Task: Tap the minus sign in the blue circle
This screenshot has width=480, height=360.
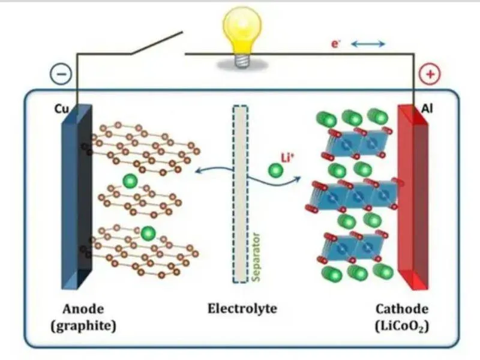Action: tap(61, 74)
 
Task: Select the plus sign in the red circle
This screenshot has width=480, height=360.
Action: tap(430, 74)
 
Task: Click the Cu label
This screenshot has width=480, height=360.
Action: tap(62, 109)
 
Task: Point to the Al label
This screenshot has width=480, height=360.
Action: tap(427, 109)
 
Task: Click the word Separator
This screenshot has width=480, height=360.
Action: tap(256, 257)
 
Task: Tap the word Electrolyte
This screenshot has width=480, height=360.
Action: tap(242, 308)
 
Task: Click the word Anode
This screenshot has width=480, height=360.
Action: tap(83, 309)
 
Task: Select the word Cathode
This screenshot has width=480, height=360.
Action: tap(402, 309)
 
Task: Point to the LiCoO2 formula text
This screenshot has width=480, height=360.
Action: tap(402, 326)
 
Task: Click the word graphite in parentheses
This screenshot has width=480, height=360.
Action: tap(83, 326)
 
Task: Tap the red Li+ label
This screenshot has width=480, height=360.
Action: tap(287, 158)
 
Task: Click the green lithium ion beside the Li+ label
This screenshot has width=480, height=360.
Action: tap(276, 170)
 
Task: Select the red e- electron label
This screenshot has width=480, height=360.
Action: tap(336, 44)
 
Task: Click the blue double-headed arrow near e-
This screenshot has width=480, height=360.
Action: tap(368, 44)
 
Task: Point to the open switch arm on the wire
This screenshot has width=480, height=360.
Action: tap(157, 43)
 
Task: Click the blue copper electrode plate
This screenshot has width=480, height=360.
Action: tap(77, 197)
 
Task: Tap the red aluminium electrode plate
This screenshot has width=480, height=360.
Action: tap(413, 197)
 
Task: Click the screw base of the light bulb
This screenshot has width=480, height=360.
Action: tap(242, 61)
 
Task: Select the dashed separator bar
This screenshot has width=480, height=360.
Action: tap(241, 194)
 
